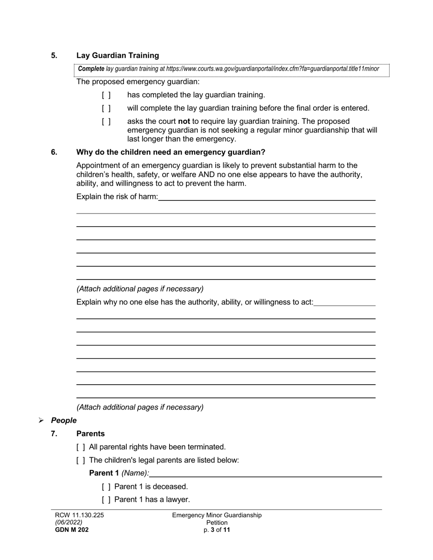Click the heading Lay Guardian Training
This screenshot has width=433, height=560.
118,56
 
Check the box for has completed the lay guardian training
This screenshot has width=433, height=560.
106,95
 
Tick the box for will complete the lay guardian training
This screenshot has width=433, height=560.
106,108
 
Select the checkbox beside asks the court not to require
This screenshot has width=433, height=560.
106,122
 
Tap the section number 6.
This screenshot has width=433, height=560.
54,152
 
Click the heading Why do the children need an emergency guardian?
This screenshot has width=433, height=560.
171,152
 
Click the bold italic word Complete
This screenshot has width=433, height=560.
91,69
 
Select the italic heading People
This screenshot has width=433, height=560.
64,421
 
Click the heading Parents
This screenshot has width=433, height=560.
90,434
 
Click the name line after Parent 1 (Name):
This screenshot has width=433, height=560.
266,474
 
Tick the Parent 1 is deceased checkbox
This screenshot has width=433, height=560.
106,487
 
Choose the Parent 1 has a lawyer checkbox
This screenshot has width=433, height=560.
106,500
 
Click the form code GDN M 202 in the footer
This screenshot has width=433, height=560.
72,530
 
